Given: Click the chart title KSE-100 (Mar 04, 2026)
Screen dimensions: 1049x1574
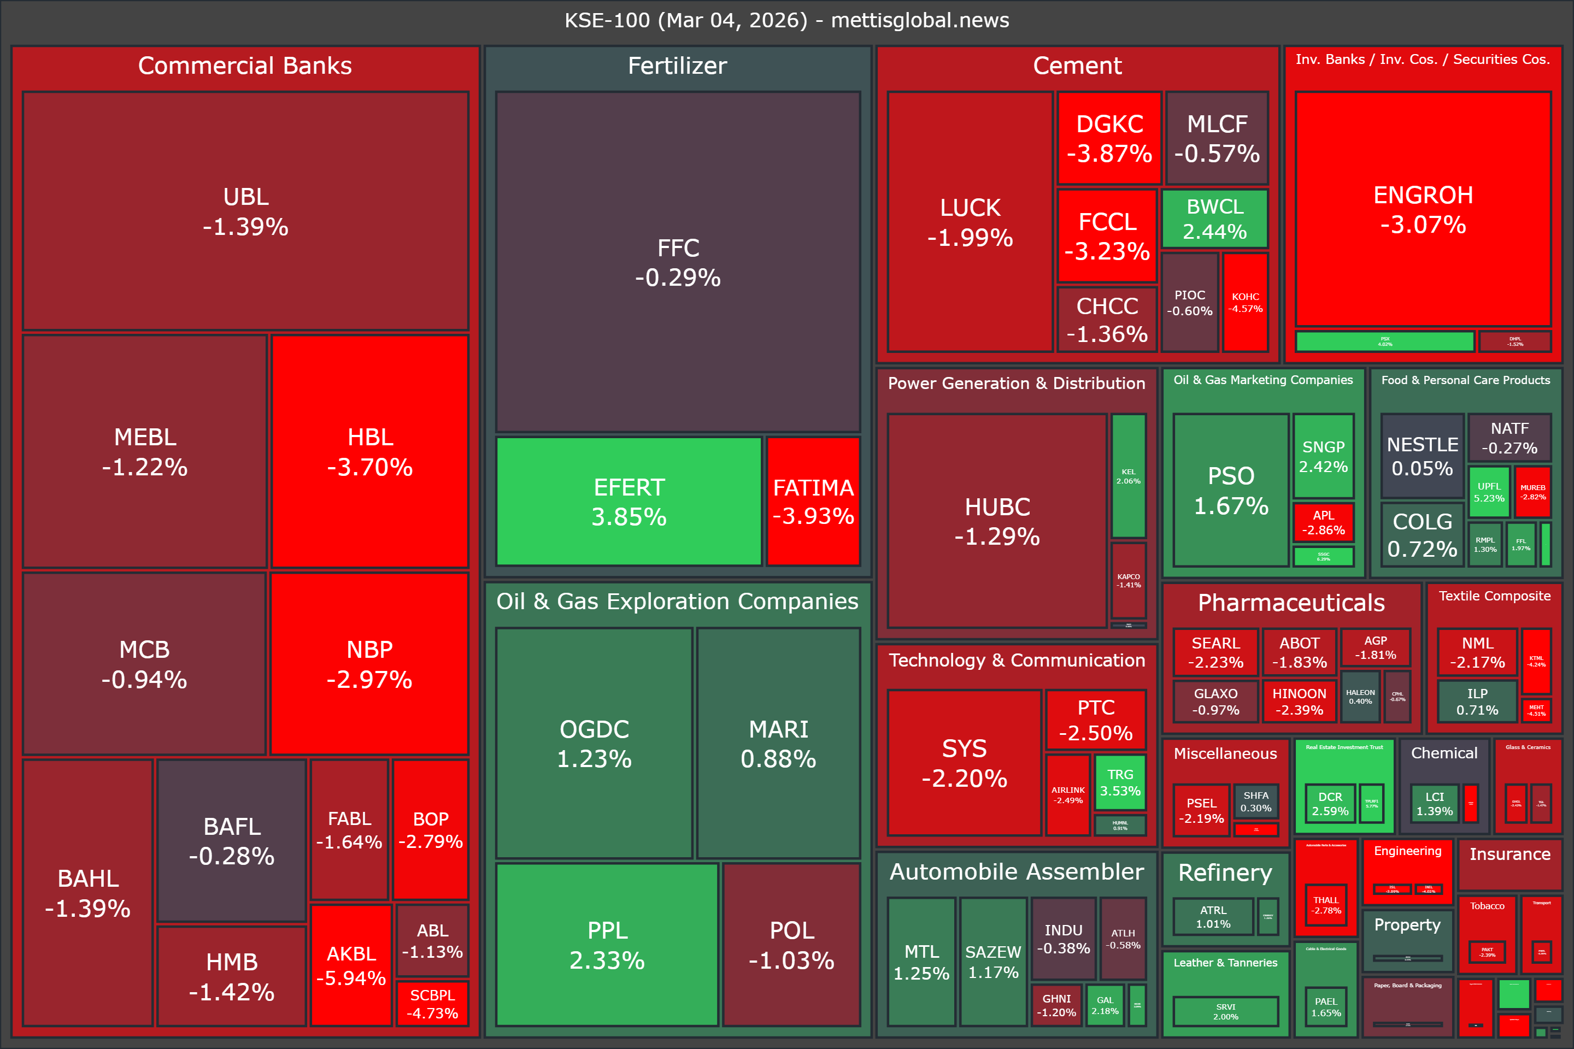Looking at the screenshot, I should point(786,20).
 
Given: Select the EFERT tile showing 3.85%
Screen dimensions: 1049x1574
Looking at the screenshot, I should point(629,502).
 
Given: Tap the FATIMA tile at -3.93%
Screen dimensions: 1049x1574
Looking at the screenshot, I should point(813,502).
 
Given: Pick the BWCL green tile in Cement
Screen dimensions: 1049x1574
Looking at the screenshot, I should point(1214,219).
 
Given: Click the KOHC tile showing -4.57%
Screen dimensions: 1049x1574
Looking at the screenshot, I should point(1246,302).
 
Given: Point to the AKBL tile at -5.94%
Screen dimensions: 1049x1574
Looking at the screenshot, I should point(351,965).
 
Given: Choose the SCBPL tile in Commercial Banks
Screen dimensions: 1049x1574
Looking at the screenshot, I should point(432,1004).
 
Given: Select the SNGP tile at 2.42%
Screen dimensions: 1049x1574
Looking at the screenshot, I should point(1323,456).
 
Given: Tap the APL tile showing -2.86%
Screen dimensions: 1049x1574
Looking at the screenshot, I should point(1323,522).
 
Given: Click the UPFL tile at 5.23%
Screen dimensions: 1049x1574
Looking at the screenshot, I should point(1488,492).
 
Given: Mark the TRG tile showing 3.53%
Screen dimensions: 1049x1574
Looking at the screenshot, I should point(1120,782).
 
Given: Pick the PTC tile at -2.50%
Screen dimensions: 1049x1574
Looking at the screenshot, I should point(1095,720).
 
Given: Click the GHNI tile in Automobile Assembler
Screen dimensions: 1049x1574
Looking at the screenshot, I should point(1056,1005).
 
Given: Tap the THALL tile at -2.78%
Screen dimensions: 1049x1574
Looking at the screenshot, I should point(1326,905).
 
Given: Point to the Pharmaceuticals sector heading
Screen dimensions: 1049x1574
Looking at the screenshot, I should point(1291,603).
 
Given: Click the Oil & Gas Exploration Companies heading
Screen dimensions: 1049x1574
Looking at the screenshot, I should point(677,602).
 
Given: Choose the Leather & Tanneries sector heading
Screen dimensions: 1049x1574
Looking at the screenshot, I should point(1225,963).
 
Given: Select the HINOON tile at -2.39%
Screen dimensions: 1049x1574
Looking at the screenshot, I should point(1299,701).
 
